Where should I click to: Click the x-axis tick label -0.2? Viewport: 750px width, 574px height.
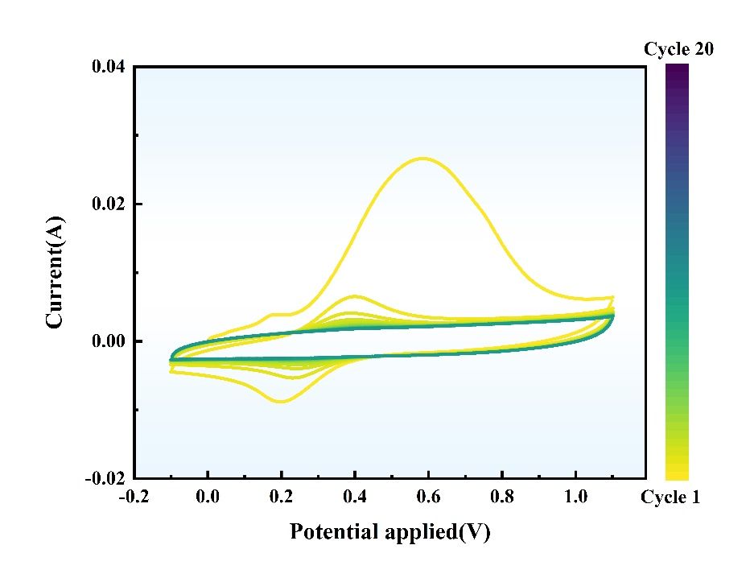click(134, 498)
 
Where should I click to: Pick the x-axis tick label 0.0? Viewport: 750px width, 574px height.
click(208, 498)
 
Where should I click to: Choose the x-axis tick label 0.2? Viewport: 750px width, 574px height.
click(282, 498)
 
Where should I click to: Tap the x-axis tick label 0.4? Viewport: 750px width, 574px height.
click(355, 498)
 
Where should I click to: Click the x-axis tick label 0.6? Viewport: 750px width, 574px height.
click(429, 498)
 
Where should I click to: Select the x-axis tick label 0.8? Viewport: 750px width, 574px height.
click(502, 498)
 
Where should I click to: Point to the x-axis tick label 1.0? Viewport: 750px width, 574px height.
click(576, 498)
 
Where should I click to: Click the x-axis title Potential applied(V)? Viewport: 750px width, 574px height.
click(389, 532)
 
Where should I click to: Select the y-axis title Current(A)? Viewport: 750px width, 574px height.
click(55, 272)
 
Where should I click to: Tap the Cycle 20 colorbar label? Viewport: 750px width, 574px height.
click(678, 50)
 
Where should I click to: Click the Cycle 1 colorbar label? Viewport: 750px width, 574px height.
click(670, 498)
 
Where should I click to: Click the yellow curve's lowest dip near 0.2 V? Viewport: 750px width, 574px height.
click(281, 401)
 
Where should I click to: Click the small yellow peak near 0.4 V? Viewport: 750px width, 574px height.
click(355, 295)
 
